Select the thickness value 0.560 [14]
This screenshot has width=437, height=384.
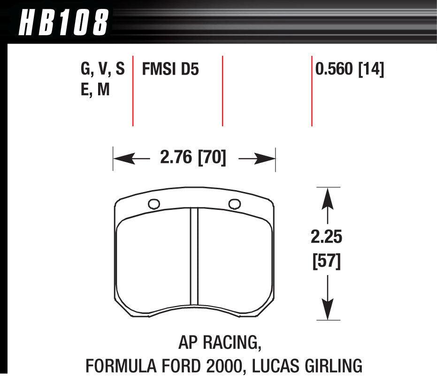pos(350,70)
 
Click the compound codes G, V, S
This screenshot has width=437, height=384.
pos(103,70)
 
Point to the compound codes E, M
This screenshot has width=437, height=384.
pos(95,89)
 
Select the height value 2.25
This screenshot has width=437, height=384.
pos(327,238)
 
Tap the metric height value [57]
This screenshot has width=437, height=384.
pos(327,260)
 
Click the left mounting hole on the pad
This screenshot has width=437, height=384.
pos(153,204)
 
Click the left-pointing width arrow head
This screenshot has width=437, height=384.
pos(120,159)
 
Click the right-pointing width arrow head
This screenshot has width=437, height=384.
pos(268,159)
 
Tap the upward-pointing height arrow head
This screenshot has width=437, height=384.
pos(327,196)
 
